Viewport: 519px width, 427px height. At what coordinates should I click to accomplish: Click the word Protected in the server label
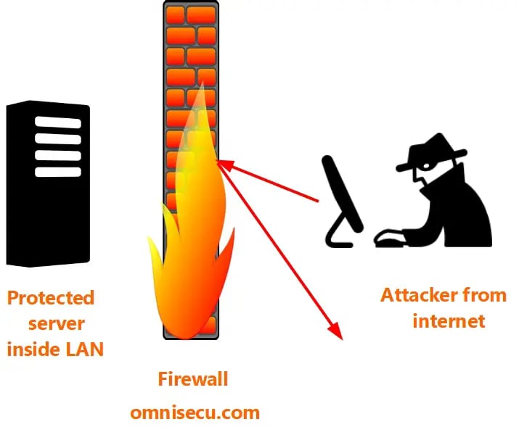(51, 298)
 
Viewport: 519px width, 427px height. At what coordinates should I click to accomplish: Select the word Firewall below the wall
(193, 378)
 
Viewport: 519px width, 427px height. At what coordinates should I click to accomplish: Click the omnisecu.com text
(195, 413)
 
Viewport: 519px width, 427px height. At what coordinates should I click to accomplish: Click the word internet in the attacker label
(449, 320)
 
